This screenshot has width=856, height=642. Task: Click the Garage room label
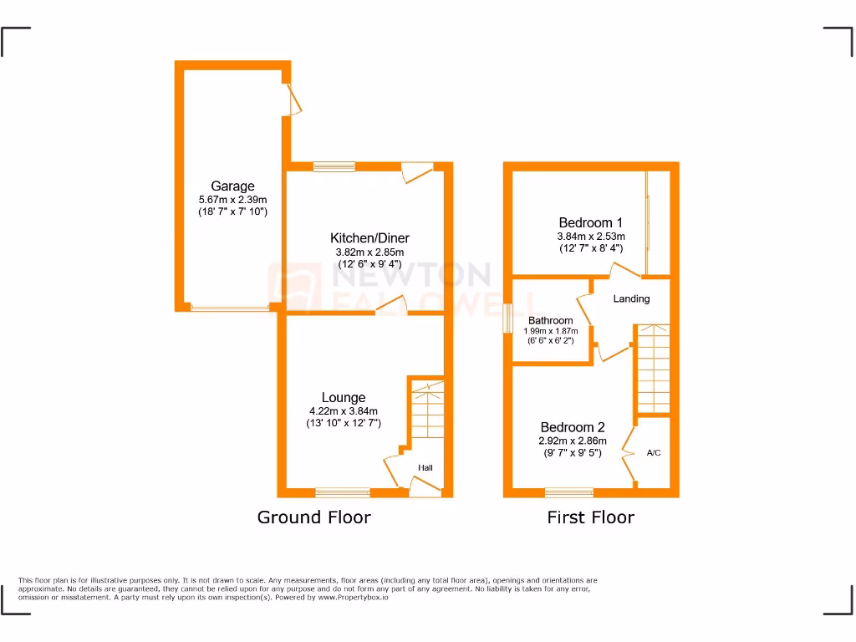(232, 186)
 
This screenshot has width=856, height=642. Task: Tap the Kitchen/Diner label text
(369, 238)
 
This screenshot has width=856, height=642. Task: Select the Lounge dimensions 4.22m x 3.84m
(343, 410)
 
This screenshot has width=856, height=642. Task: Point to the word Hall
(425, 467)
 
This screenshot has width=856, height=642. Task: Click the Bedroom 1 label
(590, 222)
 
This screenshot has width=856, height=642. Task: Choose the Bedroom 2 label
(572, 426)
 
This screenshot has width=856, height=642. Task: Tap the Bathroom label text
(550, 320)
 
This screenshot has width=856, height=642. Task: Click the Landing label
(631, 298)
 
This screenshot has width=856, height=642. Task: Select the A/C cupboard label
(654, 453)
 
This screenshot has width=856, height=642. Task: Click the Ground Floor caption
(313, 517)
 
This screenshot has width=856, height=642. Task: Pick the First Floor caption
(590, 517)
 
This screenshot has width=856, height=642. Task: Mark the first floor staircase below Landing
(654, 368)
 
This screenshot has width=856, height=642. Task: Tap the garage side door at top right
(293, 100)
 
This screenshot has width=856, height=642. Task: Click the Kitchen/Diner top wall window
(334, 166)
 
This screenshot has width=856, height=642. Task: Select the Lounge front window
(343, 492)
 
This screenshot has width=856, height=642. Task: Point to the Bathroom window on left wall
(507, 319)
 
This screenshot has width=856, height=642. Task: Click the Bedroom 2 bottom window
(569, 492)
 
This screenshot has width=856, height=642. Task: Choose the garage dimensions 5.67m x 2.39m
(232, 200)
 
